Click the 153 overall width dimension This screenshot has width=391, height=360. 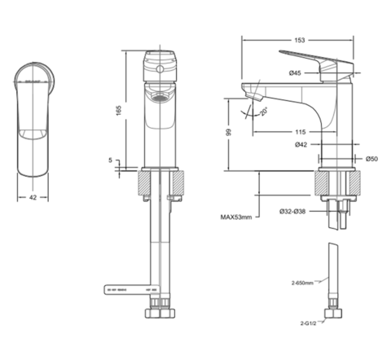coord(300,40)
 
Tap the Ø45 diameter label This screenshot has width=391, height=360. coord(295,73)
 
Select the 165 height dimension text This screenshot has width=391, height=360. coord(119,110)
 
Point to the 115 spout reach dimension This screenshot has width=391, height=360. coord(301,132)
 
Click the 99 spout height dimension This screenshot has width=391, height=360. coord(229,132)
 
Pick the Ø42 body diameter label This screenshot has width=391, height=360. coord(301,145)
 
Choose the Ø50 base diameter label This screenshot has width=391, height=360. coord(371,159)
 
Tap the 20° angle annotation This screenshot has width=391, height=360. coord(263,112)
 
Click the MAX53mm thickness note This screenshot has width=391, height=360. coord(236,217)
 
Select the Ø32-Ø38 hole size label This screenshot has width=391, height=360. coord(292,211)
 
